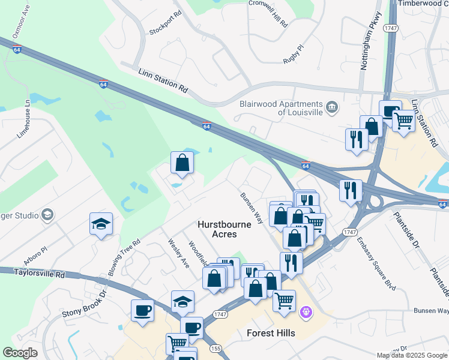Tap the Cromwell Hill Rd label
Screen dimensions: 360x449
268,13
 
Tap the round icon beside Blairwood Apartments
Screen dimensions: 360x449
332,108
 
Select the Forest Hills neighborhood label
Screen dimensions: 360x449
271,332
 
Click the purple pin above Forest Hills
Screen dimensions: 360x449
306,312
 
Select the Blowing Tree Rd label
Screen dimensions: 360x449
124,259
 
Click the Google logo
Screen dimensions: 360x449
20,353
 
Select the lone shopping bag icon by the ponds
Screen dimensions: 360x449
182,163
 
